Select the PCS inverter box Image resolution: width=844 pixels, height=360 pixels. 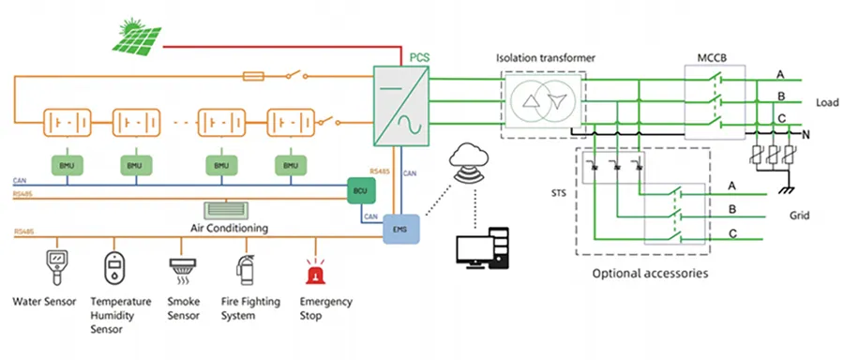pos(402,104)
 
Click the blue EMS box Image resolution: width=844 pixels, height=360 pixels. pos(402,229)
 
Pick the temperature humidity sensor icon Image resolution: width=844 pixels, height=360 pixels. pos(114,269)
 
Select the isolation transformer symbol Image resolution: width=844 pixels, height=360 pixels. pos(546,101)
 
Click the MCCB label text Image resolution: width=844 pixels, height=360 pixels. pos(712,55)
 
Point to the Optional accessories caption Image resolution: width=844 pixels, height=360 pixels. pos(649,274)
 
